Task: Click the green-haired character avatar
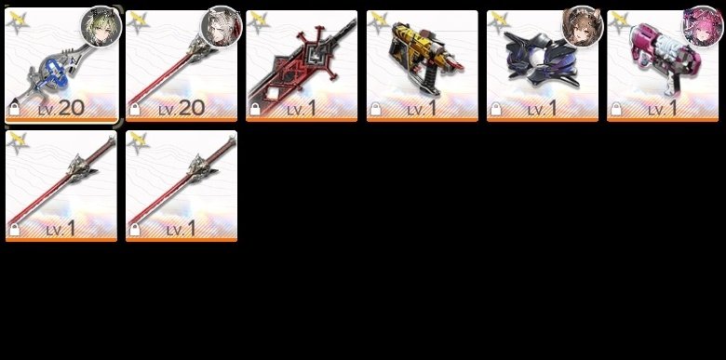click(101, 26)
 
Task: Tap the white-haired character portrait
click(222, 26)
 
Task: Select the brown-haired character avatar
click(583, 26)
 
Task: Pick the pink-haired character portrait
click(703, 26)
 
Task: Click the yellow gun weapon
click(425, 58)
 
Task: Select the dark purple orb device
click(542, 60)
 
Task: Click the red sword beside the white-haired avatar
click(171, 70)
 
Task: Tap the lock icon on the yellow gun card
click(375, 109)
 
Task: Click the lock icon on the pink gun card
click(616, 109)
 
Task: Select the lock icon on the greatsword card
click(255, 109)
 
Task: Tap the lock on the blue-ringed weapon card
click(14, 109)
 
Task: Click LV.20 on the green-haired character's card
click(61, 108)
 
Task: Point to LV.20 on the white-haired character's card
click(181, 108)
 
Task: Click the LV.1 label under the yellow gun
click(422, 108)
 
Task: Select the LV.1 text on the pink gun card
click(662, 108)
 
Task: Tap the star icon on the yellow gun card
click(379, 21)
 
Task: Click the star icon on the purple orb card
click(499, 21)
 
